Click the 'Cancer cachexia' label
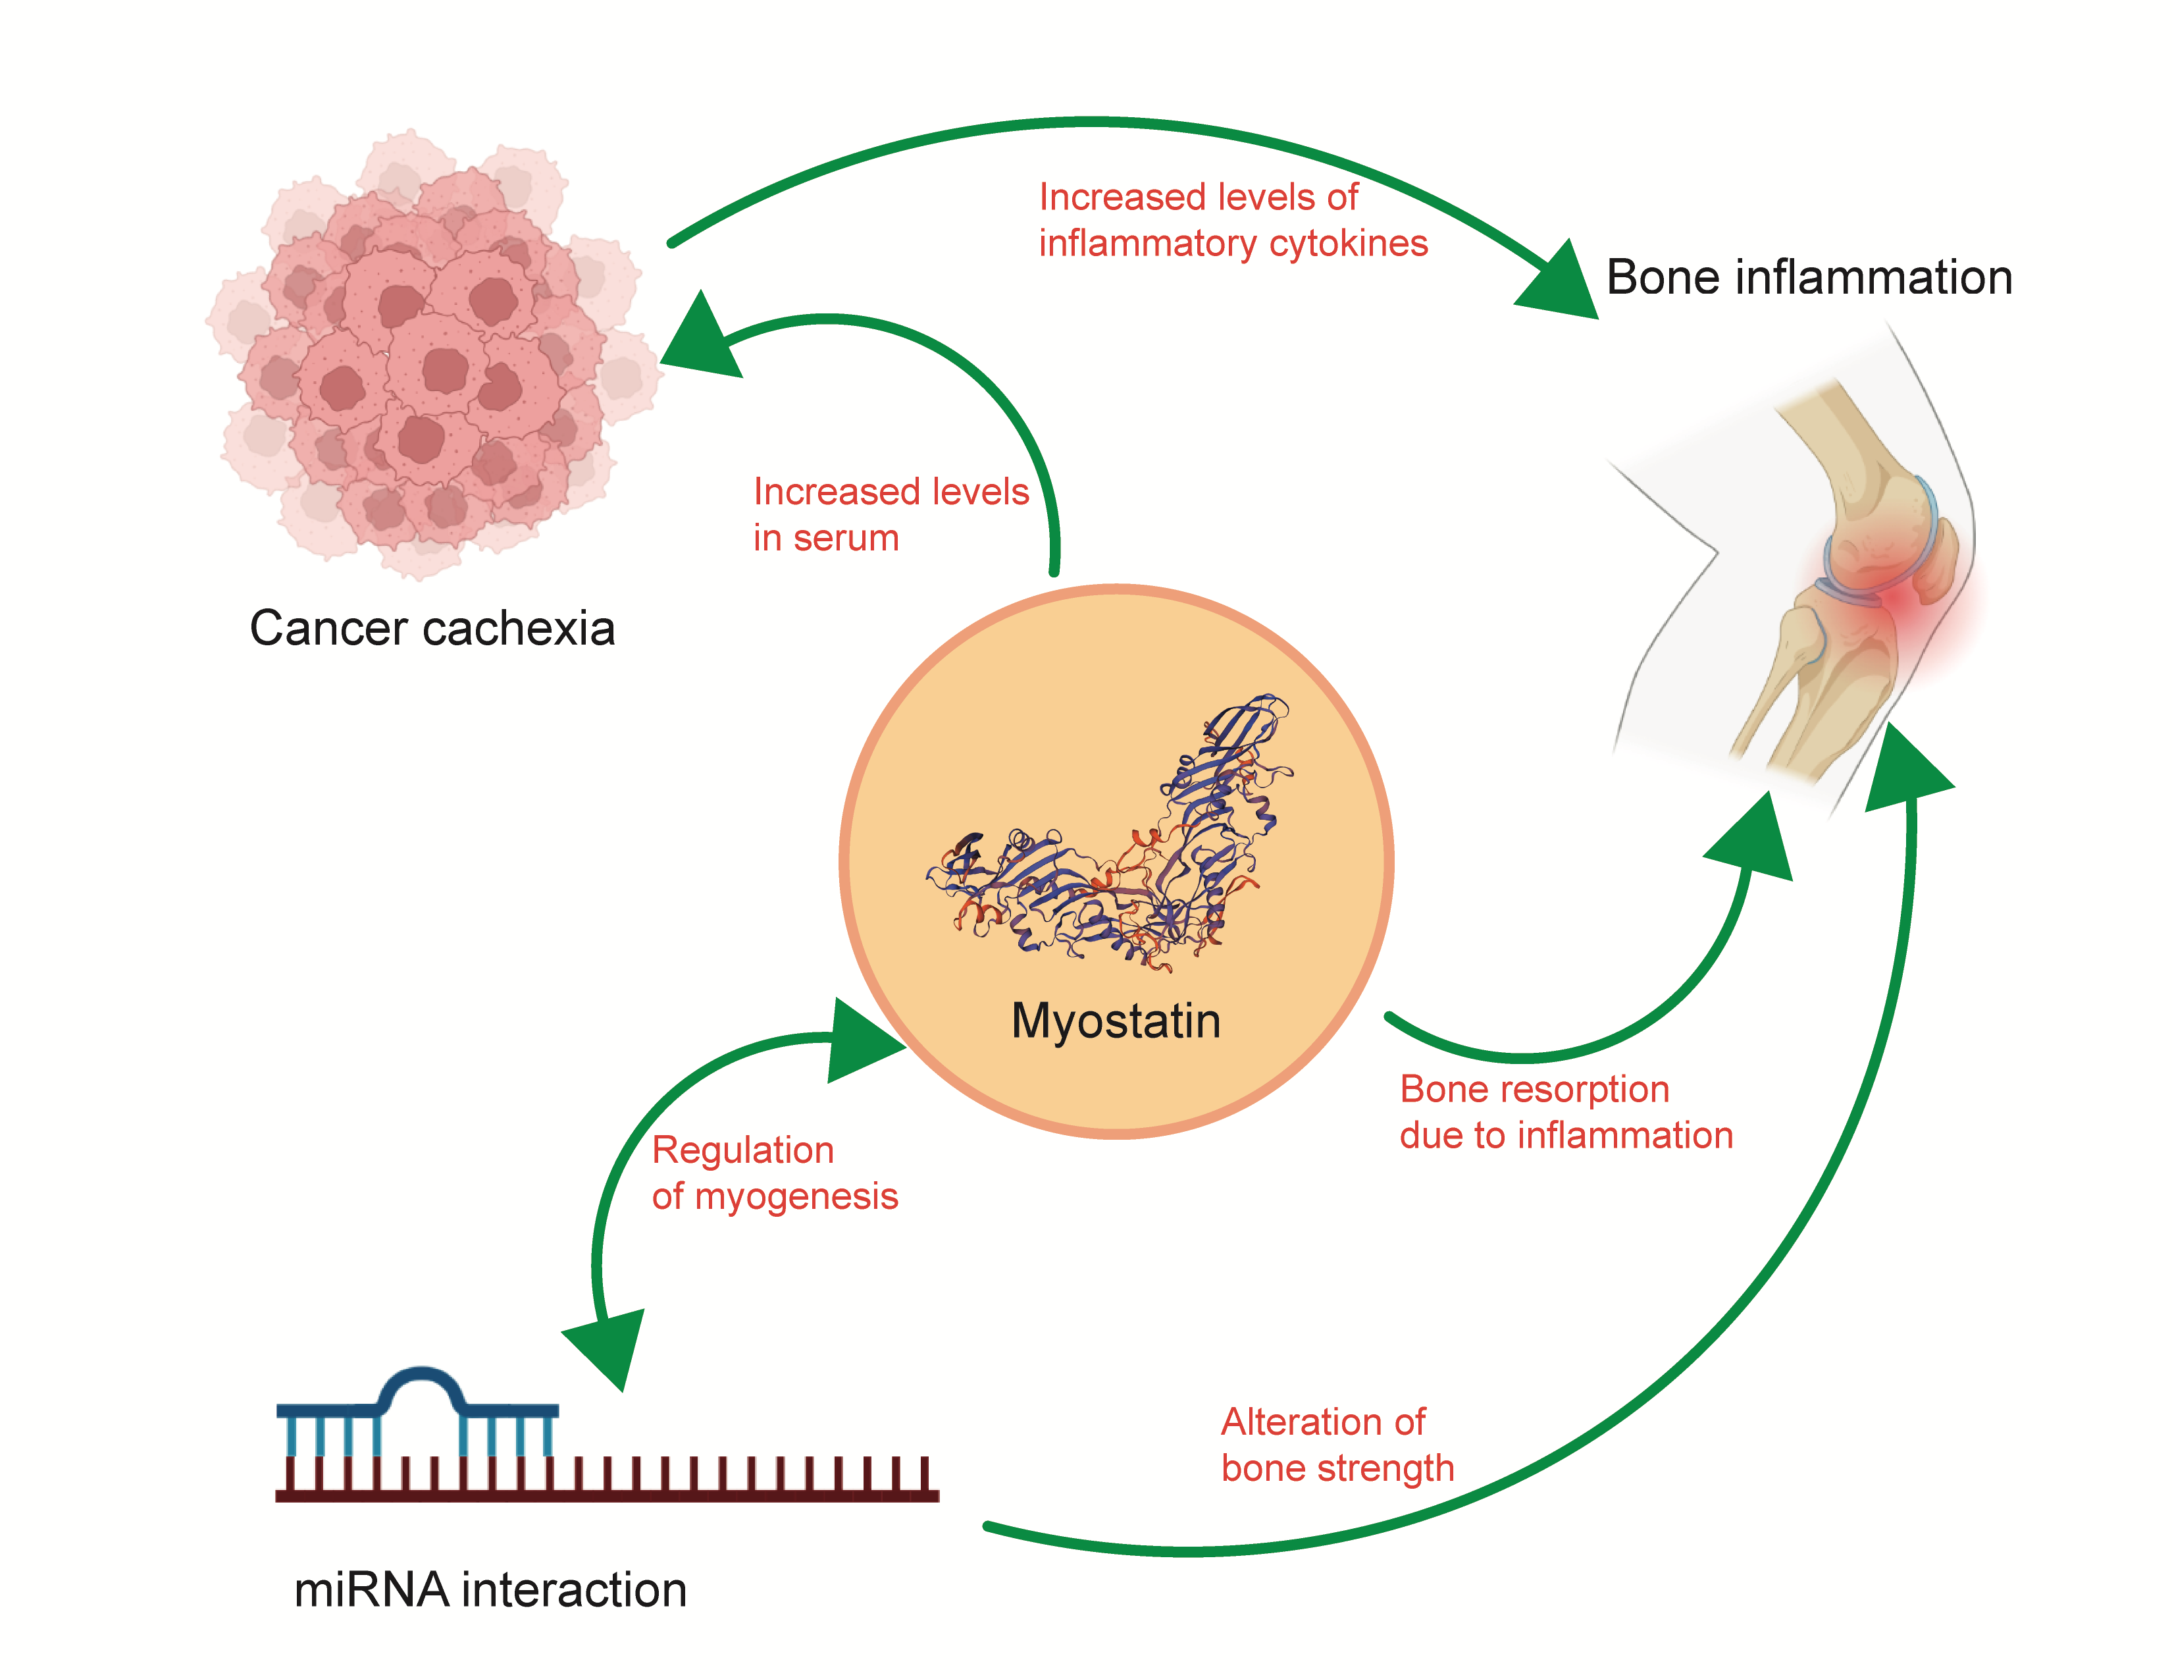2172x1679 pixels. pos(432,629)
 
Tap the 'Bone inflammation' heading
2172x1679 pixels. pos(1809,277)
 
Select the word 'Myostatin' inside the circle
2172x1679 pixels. pos(1116,1021)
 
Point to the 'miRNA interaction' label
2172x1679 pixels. pos(490,1589)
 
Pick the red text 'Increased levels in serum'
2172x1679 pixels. pos(890,514)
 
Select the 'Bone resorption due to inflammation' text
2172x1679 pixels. pos(1565,1112)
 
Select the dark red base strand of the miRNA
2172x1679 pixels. pos(607,1492)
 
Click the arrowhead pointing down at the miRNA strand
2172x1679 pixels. pos(609,1348)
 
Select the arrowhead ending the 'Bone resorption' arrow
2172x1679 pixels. pos(1755,841)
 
